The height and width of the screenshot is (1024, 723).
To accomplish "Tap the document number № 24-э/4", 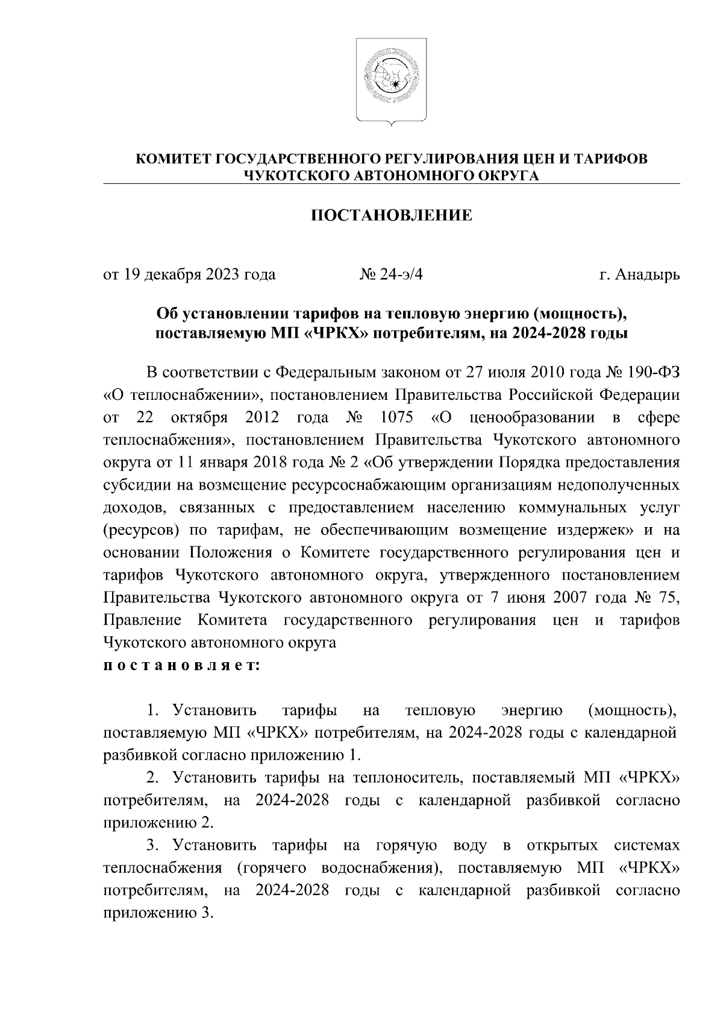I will click(x=392, y=274).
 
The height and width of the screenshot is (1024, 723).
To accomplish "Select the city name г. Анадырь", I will click(x=639, y=274).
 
